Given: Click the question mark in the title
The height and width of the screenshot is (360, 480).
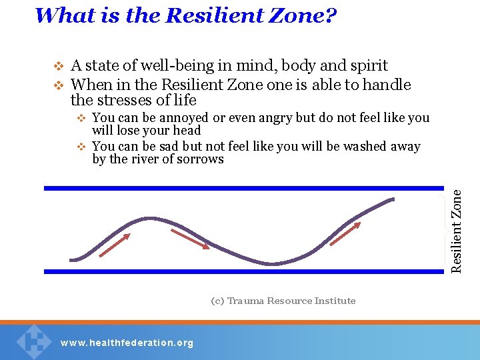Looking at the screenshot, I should click(329, 15).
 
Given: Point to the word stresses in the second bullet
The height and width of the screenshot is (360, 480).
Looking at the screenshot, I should click(127, 100).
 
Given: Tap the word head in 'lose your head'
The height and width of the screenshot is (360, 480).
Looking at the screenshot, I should click(187, 131).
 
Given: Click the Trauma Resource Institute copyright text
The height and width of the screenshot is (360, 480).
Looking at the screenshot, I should click(283, 301).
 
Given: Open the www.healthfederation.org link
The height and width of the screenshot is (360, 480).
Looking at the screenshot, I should click(127, 343).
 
